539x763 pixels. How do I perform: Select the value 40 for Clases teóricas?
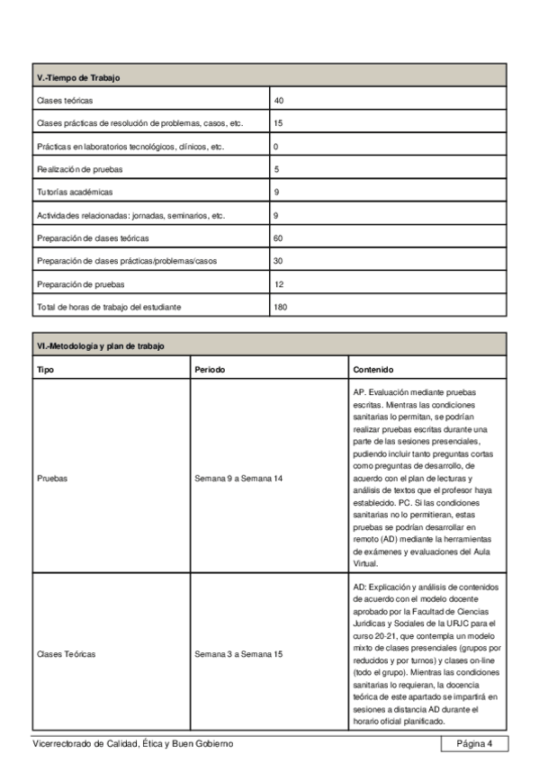(279, 100)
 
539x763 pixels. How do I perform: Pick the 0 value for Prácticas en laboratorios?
(276, 146)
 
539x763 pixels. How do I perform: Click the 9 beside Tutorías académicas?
(276, 193)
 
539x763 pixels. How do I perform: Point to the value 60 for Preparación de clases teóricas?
(279, 238)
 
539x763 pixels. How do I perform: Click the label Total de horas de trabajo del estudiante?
(109, 308)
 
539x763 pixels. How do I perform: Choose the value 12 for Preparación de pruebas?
(279, 284)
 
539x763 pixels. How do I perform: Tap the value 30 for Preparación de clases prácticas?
(279, 261)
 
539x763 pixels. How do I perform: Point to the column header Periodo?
(210, 370)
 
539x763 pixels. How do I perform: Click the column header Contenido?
(373, 370)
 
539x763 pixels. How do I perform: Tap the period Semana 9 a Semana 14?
(238, 479)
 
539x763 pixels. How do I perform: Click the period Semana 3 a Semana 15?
(238, 654)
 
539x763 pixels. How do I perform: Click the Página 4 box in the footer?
(474, 743)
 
